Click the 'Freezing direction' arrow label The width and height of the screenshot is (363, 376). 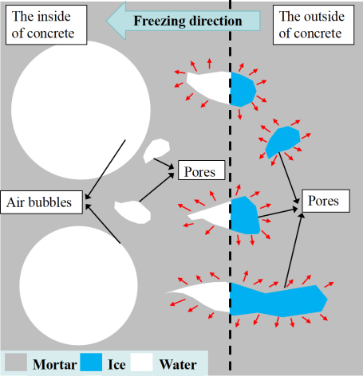pos(187,21)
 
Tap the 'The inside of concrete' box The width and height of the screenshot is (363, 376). pos(46,25)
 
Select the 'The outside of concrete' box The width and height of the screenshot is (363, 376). pos(314,25)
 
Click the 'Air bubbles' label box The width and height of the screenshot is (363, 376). pos(41,202)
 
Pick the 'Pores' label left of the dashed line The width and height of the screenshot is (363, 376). pos(201,170)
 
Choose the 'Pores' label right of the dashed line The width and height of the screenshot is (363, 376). pos(326,201)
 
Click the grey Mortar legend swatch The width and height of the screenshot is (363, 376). pos(16,362)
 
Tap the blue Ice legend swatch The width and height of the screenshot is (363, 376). pos(91,362)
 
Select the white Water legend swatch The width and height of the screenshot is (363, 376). pos(141,362)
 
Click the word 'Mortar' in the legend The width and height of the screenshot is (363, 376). pos(55,365)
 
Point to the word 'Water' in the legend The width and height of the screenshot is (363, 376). pos(178,365)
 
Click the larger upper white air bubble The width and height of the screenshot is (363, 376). pos(81,110)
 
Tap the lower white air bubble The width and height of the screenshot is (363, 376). pos(78,286)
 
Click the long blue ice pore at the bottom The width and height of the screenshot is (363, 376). pos(277,300)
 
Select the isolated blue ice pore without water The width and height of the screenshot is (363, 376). pos(282,142)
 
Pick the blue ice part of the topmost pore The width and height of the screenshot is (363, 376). pos(243,89)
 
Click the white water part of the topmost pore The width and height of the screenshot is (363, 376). pos(210,86)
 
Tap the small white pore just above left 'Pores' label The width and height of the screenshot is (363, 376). pos(156,151)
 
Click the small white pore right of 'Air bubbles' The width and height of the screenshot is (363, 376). pos(132,212)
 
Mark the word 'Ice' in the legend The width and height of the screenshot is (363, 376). pos(116,365)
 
